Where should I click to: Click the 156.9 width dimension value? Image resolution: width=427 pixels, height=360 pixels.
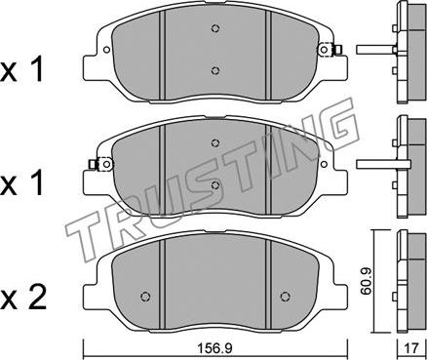click(215, 349)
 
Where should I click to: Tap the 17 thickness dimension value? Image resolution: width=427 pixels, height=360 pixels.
click(411, 349)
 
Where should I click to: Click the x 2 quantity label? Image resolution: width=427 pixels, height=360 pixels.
click(23, 298)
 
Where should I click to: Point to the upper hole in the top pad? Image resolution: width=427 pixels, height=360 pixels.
click(214, 28)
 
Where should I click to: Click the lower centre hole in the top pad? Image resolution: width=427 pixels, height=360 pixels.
click(214, 70)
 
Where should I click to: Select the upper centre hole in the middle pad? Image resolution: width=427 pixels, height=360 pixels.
click(214, 143)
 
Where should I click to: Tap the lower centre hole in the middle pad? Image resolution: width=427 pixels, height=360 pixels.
click(214, 185)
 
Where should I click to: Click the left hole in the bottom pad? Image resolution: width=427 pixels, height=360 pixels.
click(145, 297)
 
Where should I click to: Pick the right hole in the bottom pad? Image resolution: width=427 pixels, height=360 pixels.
click(285, 297)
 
